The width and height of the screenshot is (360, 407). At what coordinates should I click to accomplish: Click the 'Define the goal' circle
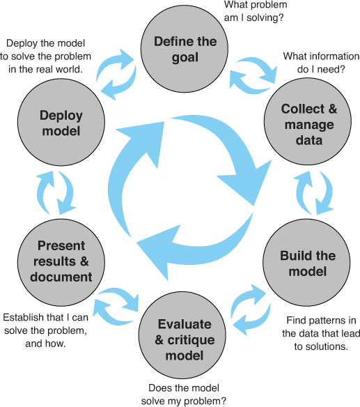click(x=185, y=49)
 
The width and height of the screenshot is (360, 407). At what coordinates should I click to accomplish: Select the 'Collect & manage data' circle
click(x=308, y=121)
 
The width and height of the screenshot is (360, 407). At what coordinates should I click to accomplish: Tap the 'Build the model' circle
click(x=306, y=263)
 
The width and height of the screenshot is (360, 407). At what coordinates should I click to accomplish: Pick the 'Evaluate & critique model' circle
click(x=182, y=335)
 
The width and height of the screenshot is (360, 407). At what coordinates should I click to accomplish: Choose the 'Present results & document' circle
click(x=61, y=263)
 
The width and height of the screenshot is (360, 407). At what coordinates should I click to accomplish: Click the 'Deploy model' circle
click(x=61, y=122)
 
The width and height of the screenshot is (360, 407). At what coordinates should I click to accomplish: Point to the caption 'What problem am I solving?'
click(x=256, y=11)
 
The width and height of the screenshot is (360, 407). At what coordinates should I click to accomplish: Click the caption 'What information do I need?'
click(x=322, y=63)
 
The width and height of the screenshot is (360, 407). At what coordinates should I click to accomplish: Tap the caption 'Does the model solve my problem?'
click(x=184, y=394)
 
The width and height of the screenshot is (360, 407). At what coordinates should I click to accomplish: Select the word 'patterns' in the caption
click(x=326, y=321)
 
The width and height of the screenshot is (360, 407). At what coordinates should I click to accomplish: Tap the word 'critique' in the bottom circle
click(x=191, y=340)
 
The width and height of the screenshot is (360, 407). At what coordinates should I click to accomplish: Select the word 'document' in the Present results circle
click(x=61, y=277)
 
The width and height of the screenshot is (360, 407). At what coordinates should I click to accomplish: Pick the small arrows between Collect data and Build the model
click(x=315, y=192)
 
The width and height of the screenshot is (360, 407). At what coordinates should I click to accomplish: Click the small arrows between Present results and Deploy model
click(x=56, y=192)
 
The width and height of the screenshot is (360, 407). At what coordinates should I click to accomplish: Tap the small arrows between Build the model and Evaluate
click(x=251, y=309)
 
